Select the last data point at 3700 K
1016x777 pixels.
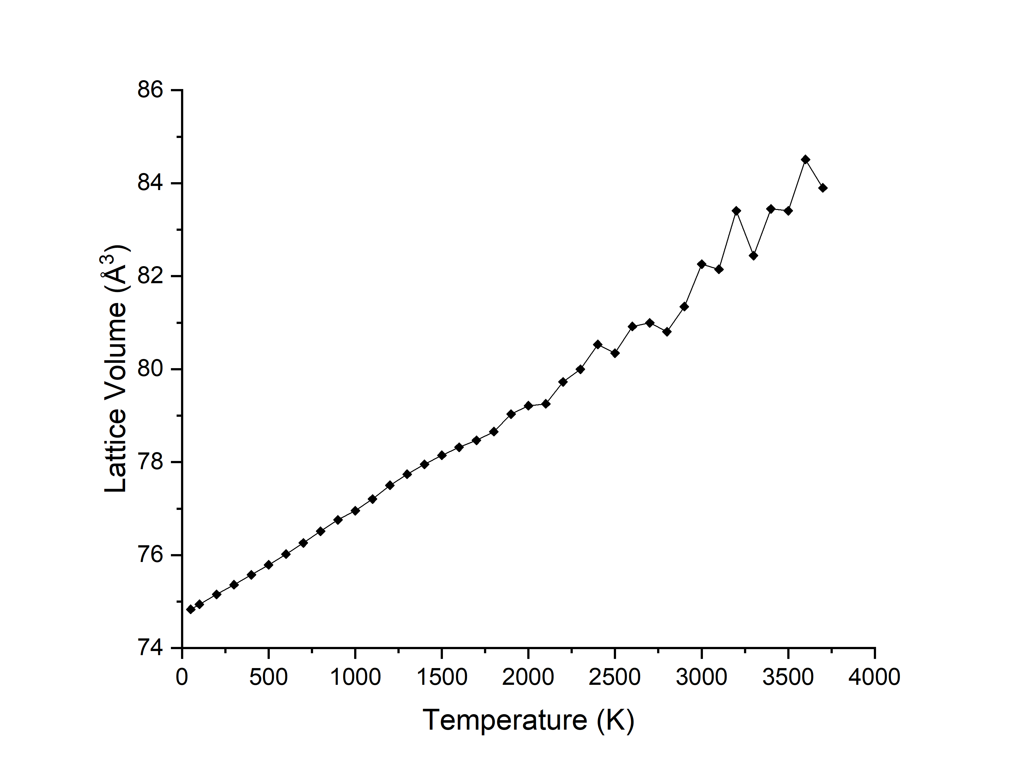tap(823, 188)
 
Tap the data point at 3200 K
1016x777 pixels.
tap(736, 211)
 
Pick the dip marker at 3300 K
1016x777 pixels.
tap(753, 256)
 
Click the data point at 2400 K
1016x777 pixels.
tap(597, 344)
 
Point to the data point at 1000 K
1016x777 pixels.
tap(355, 511)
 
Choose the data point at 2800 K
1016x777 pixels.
tap(667, 332)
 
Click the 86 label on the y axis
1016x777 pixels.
tap(150, 90)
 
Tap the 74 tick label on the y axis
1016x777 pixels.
tap(150, 648)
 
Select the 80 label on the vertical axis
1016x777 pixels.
tap(150, 369)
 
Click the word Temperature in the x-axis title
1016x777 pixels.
tap(505, 720)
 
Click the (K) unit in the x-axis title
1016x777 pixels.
tap(615, 720)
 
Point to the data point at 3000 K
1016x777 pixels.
tap(701, 264)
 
